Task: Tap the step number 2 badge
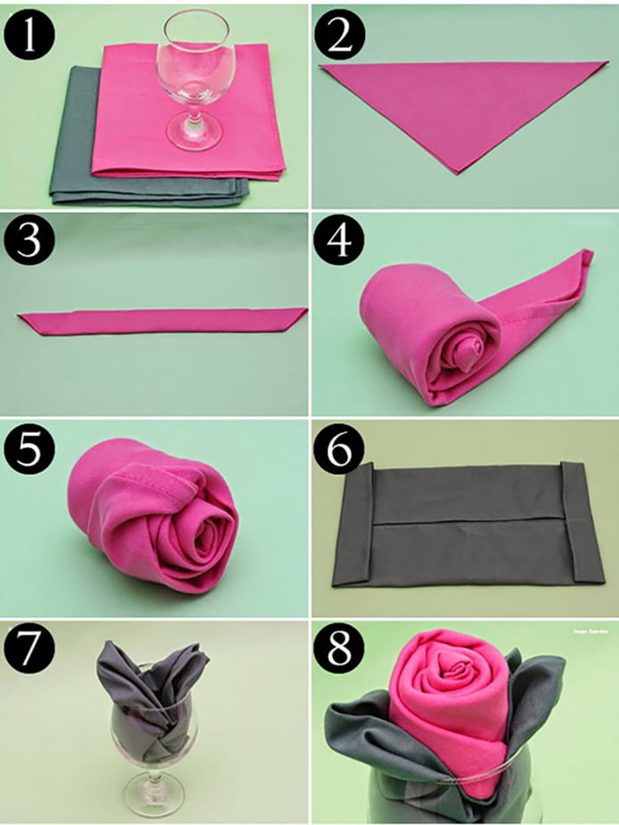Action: [x=337, y=33]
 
